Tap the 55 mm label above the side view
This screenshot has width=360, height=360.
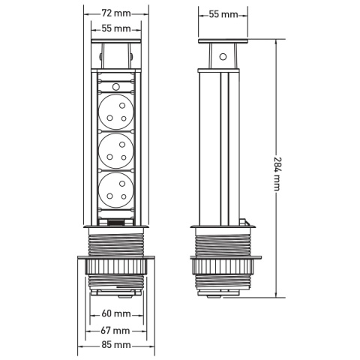(x=223, y=13)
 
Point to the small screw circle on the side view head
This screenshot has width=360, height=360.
(x=223, y=55)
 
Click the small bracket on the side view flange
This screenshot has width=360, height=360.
(x=246, y=222)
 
